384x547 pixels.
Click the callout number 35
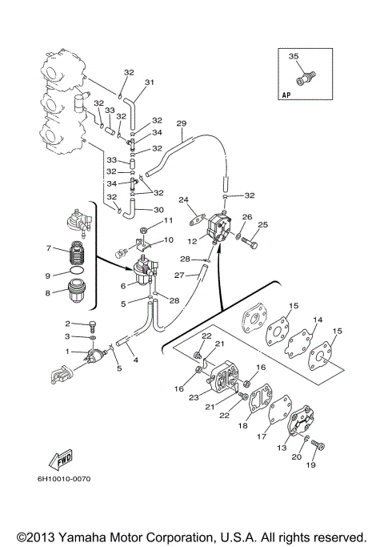294,56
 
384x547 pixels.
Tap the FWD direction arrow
62,459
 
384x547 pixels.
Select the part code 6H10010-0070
64,479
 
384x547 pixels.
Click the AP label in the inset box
286,95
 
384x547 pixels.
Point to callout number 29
181,123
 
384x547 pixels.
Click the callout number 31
150,82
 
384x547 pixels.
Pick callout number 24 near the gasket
183,200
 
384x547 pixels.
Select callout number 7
49,248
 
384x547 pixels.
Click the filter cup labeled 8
76,292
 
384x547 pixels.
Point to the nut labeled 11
143,231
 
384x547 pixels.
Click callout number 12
192,241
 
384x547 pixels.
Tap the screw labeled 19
318,444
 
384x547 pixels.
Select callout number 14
318,320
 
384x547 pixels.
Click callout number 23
194,397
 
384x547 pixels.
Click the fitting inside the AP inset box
306,77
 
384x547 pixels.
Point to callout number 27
178,276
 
